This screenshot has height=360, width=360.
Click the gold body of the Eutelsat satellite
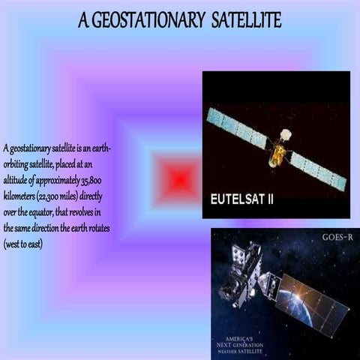pos(277,154)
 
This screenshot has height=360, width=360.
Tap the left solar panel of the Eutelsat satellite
pos(236,127)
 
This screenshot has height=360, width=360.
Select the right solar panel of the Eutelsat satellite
pos(318,170)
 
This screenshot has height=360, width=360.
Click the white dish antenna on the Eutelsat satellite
pos(286,134)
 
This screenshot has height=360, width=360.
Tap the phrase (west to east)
pos(23,239)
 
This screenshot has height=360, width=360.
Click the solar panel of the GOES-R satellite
pos(312,304)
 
